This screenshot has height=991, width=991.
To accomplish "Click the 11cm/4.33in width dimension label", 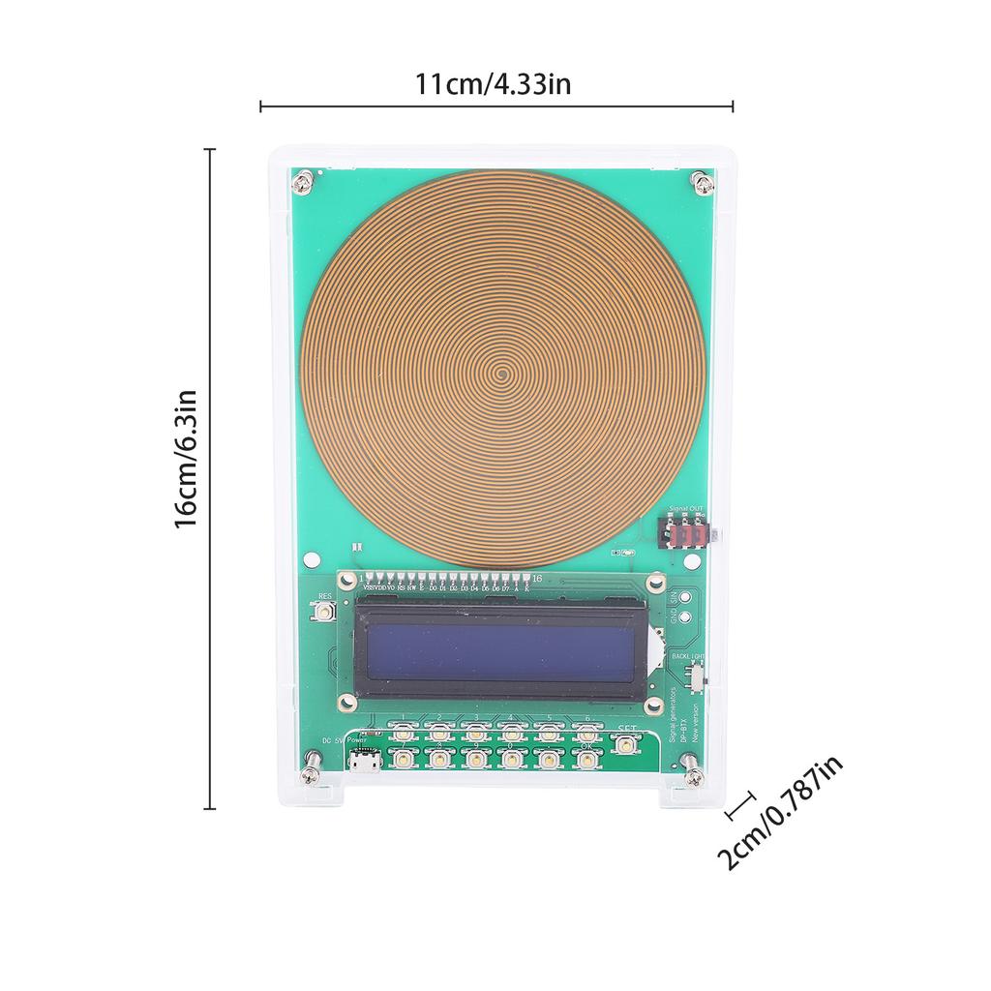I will (x=494, y=84).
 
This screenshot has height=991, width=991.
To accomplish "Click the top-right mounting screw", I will (x=700, y=180).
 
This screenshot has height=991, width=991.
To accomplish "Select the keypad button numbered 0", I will (x=511, y=760).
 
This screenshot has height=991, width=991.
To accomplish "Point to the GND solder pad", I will (x=684, y=616).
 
